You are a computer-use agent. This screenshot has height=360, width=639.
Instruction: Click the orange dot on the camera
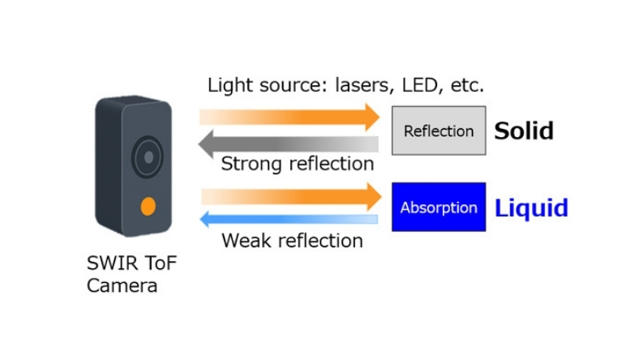tap(147, 206)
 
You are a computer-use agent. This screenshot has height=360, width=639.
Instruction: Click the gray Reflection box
tap(439, 131)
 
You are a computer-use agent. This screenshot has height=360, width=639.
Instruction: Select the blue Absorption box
tap(439, 207)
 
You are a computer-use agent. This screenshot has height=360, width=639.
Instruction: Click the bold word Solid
tap(524, 131)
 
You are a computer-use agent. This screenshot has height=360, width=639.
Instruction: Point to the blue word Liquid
tap(531, 208)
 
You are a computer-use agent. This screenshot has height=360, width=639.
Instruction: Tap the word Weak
tap(244, 241)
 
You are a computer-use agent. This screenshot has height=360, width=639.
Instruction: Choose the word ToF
tap(154, 264)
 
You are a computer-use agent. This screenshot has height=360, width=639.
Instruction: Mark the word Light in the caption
tap(228, 85)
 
